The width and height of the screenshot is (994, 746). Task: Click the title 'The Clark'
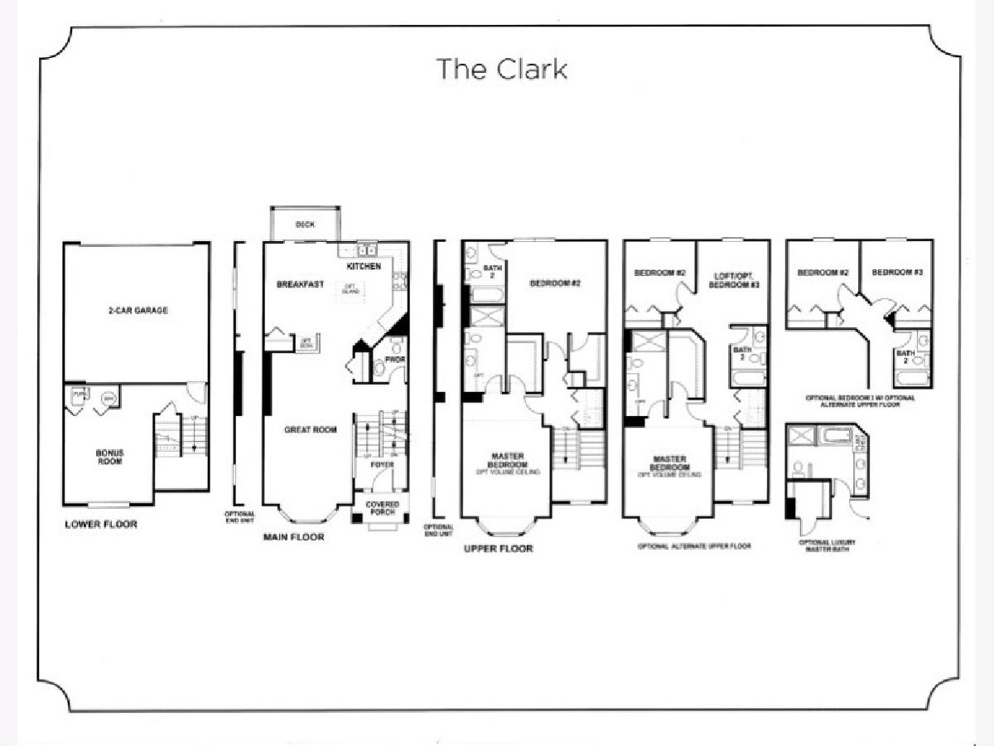(x=502, y=69)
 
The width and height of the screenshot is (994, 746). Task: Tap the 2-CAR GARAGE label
(x=138, y=311)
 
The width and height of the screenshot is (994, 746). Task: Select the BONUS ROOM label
(x=109, y=457)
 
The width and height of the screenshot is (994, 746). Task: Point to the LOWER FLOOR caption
(x=101, y=525)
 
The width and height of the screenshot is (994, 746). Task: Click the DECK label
(x=304, y=225)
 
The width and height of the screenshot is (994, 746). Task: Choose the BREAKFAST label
(x=300, y=284)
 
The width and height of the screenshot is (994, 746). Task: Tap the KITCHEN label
(x=364, y=267)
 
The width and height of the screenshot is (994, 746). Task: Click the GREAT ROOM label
(x=311, y=429)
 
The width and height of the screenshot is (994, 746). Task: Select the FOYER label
(x=382, y=465)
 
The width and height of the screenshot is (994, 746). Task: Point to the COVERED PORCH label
(x=382, y=508)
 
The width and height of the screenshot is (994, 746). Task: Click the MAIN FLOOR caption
(x=293, y=537)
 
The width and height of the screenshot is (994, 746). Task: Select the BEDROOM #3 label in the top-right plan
(x=897, y=273)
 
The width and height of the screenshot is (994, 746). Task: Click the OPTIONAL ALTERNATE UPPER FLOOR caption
(x=695, y=547)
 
